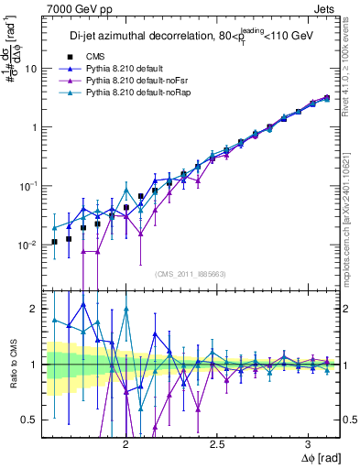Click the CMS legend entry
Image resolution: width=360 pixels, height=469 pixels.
tap(108, 57)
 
